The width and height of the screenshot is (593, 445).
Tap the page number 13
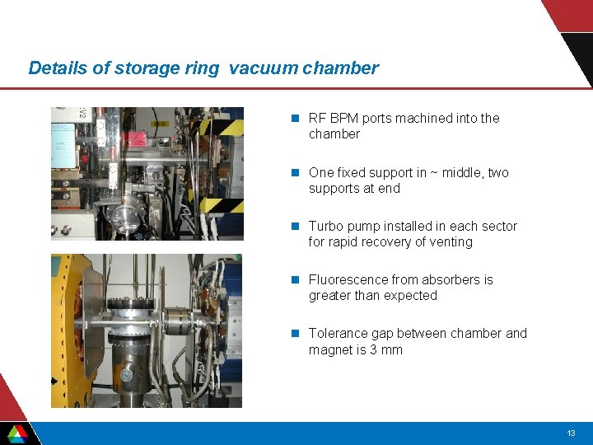pyautogui.click(x=571, y=433)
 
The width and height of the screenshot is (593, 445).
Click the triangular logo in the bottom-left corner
pyautogui.click(x=17, y=433)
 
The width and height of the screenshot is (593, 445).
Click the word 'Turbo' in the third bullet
pyautogui.click(x=326, y=227)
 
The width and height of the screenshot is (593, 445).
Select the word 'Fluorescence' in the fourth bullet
pyautogui.click(x=348, y=280)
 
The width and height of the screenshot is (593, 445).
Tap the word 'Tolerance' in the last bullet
pyautogui.click(x=338, y=334)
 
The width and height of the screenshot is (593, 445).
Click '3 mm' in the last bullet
pyautogui.click(x=385, y=350)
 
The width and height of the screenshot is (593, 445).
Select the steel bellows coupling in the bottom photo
pyautogui.click(x=177, y=320)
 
